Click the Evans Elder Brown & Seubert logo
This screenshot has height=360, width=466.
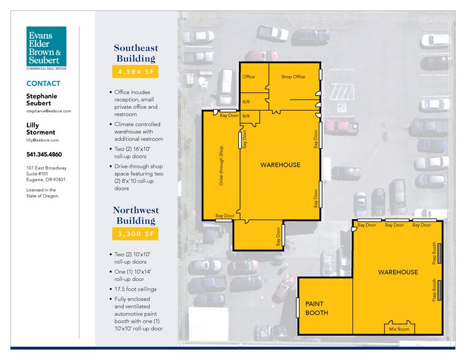[46, 48]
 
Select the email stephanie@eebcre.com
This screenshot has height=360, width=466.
[48, 111]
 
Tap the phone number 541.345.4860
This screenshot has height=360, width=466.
[44, 154]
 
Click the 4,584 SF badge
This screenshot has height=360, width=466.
[135, 72]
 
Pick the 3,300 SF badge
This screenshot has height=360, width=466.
[135, 234]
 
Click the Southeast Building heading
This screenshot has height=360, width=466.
[136, 53]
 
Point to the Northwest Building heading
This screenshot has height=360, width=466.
[136, 216]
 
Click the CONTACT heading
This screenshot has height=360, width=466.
[43, 83]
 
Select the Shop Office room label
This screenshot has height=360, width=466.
[293, 77]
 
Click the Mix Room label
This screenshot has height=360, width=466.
[399, 329]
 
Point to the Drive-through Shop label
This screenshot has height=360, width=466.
[221, 166]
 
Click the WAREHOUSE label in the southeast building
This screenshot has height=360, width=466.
[280, 165]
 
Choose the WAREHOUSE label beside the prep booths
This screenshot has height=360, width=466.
[398, 272]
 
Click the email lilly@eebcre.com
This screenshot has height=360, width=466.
[42, 140]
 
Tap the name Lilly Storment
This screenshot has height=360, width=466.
[40, 129]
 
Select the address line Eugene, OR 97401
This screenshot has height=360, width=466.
[46, 179]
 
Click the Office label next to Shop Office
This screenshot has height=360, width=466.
[249, 77]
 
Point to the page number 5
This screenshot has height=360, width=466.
[448, 339]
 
